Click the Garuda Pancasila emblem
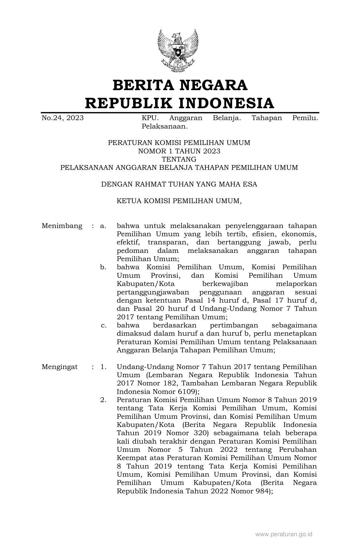click(x=178, y=50)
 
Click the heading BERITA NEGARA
click(x=180, y=85)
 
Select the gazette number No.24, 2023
click(x=62, y=118)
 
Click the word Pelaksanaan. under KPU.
click(x=165, y=126)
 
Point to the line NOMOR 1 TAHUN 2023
click(x=179, y=151)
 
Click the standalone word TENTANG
click(x=179, y=159)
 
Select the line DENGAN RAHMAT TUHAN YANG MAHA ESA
click(x=179, y=185)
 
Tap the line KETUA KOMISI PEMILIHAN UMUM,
click(x=179, y=201)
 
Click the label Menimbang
click(x=62, y=226)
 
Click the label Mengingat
click(x=60, y=367)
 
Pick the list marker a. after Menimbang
click(x=103, y=226)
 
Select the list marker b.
click(x=103, y=267)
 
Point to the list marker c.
click(x=104, y=326)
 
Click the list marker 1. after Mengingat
click(x=103, y=367)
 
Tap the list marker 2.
click(x=103, y=400)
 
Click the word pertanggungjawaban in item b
click(x=153, y=292)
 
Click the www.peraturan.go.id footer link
click(x=283, y=535)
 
